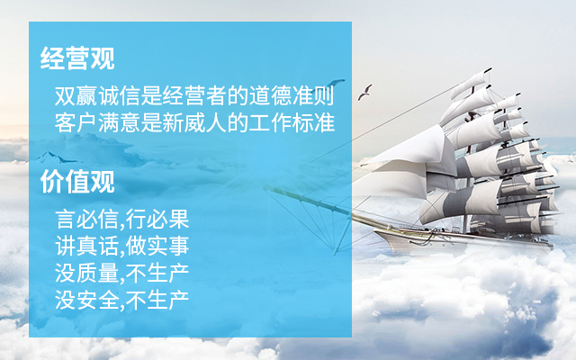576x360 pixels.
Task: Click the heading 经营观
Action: coord(77,58)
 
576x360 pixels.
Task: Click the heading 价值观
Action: coord(77,182)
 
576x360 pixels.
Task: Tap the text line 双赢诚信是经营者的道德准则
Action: coord(194,96)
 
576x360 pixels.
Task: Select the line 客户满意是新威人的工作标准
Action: coord(194,122)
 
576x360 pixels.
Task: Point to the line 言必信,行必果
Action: coord(122,220)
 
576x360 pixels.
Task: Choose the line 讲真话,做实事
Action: coord(122,246)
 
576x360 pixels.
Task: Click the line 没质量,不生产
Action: coord(122,274)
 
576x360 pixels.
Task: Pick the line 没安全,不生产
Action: coord(122,300)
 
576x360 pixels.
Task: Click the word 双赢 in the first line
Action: coord(76,96)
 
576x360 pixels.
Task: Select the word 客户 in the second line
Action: coord(76,122)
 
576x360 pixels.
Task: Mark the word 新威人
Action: coord(194,122)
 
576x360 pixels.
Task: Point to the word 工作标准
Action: coord(292,122)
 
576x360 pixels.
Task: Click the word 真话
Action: coord(98,246)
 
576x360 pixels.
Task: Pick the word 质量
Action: coord(98,274)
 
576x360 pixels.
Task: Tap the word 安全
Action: coord(98,300)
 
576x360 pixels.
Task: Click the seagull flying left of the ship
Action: coord(365,92)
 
